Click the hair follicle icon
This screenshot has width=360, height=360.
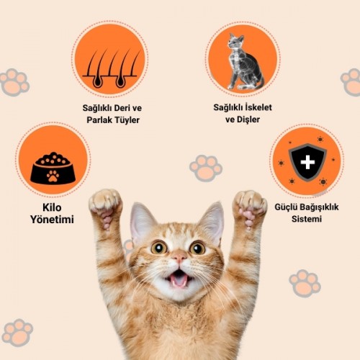[x=111, y=69]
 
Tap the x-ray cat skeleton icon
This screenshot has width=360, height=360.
[x=245, y=62]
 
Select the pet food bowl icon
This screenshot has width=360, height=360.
[x=53, y=168]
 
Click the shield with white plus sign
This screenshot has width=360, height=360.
[x=307, y=162]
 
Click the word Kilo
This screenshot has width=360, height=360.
[x=52, y=207]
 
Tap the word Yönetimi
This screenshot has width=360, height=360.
[x=52, y=220]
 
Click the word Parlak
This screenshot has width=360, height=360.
[x=99, y=120]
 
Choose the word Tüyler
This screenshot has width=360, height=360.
[x=127, y=120]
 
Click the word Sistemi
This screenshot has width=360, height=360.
[x=307, y=219]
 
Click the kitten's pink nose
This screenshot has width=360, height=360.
[x=179, y=257]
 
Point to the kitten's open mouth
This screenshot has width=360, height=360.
[x=179, y=279]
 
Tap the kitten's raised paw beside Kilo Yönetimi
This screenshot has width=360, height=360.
[x=106, y=207]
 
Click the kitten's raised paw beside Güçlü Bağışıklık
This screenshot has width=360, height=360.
[x=250, y=207]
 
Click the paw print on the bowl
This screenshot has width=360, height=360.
[x=53, y=176]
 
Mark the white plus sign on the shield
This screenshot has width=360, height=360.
[x=307, y=162]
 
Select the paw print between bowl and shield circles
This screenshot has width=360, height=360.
[x=206, y=168]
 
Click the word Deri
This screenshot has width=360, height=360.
[x=121, y=108]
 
